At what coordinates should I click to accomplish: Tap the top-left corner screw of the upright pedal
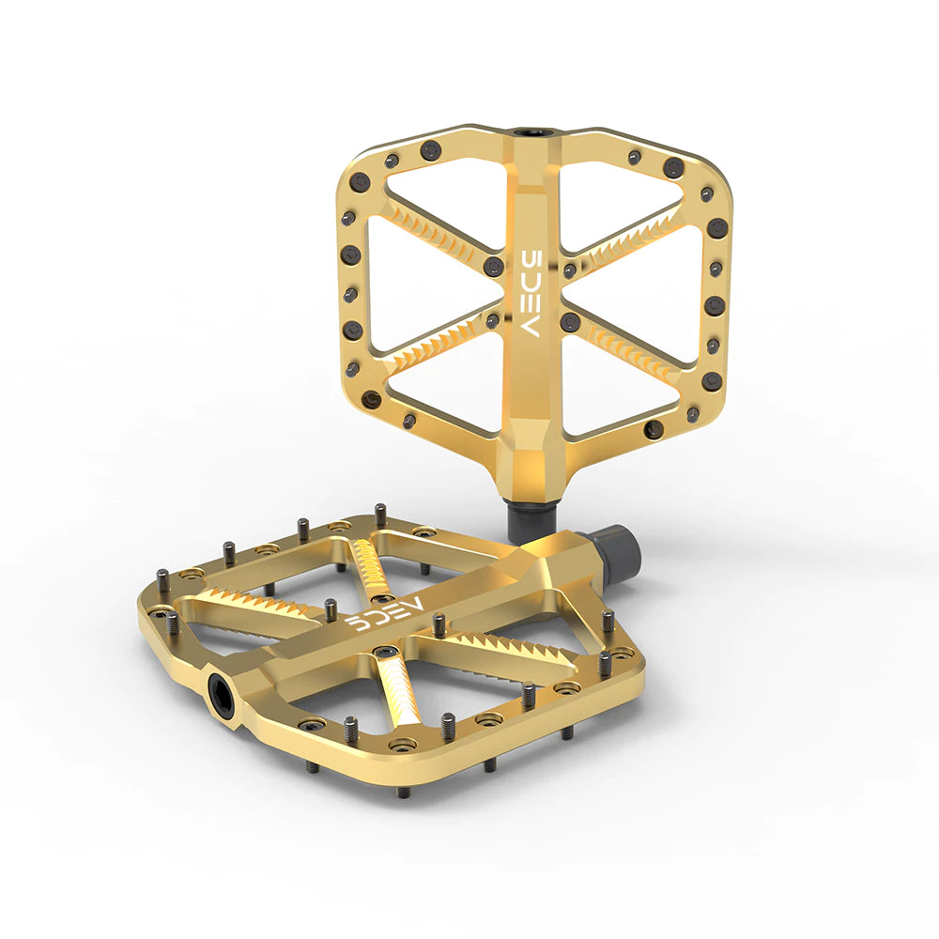[359, 181]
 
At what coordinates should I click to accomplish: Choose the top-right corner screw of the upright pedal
[673, 168]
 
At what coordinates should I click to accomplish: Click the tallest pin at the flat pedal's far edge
[379, 515]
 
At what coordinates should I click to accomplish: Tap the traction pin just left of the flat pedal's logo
[330, 608]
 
